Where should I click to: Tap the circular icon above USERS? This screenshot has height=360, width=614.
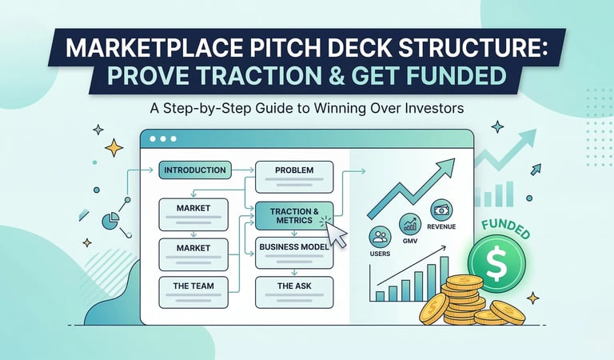380,236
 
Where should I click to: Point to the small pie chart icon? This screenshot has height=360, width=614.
109,218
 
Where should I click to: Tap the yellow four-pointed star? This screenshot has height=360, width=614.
114,147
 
